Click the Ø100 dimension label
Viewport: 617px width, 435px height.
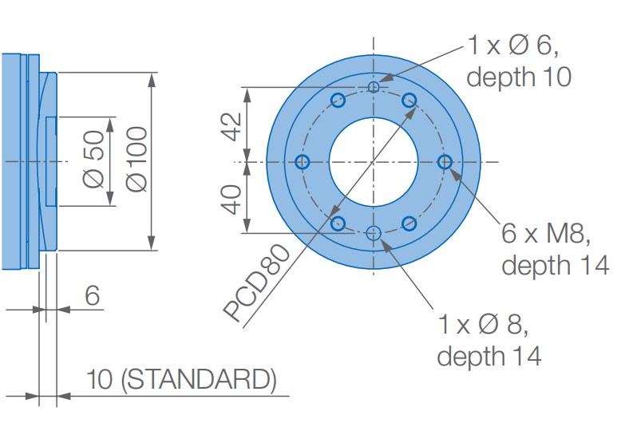[x=136, y=160]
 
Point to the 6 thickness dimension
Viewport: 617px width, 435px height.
[x=93, y=296]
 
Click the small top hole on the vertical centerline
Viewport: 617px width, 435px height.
[x=374, y=86]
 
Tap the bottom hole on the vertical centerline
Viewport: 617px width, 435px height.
[x=374, y=234]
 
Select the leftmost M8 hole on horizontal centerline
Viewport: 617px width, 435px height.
[x=303, y=162]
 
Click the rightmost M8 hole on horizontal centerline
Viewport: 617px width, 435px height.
[x=445, y=162]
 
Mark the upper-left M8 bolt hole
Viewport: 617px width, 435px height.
[x=338, y=101]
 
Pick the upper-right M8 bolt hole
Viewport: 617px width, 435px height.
[x=409, y=100]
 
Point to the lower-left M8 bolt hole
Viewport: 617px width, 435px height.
[x=338, y=223]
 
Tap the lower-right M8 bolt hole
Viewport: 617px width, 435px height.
[x=409, y=223]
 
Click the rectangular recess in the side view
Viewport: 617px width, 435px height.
[x=51, y=160]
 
